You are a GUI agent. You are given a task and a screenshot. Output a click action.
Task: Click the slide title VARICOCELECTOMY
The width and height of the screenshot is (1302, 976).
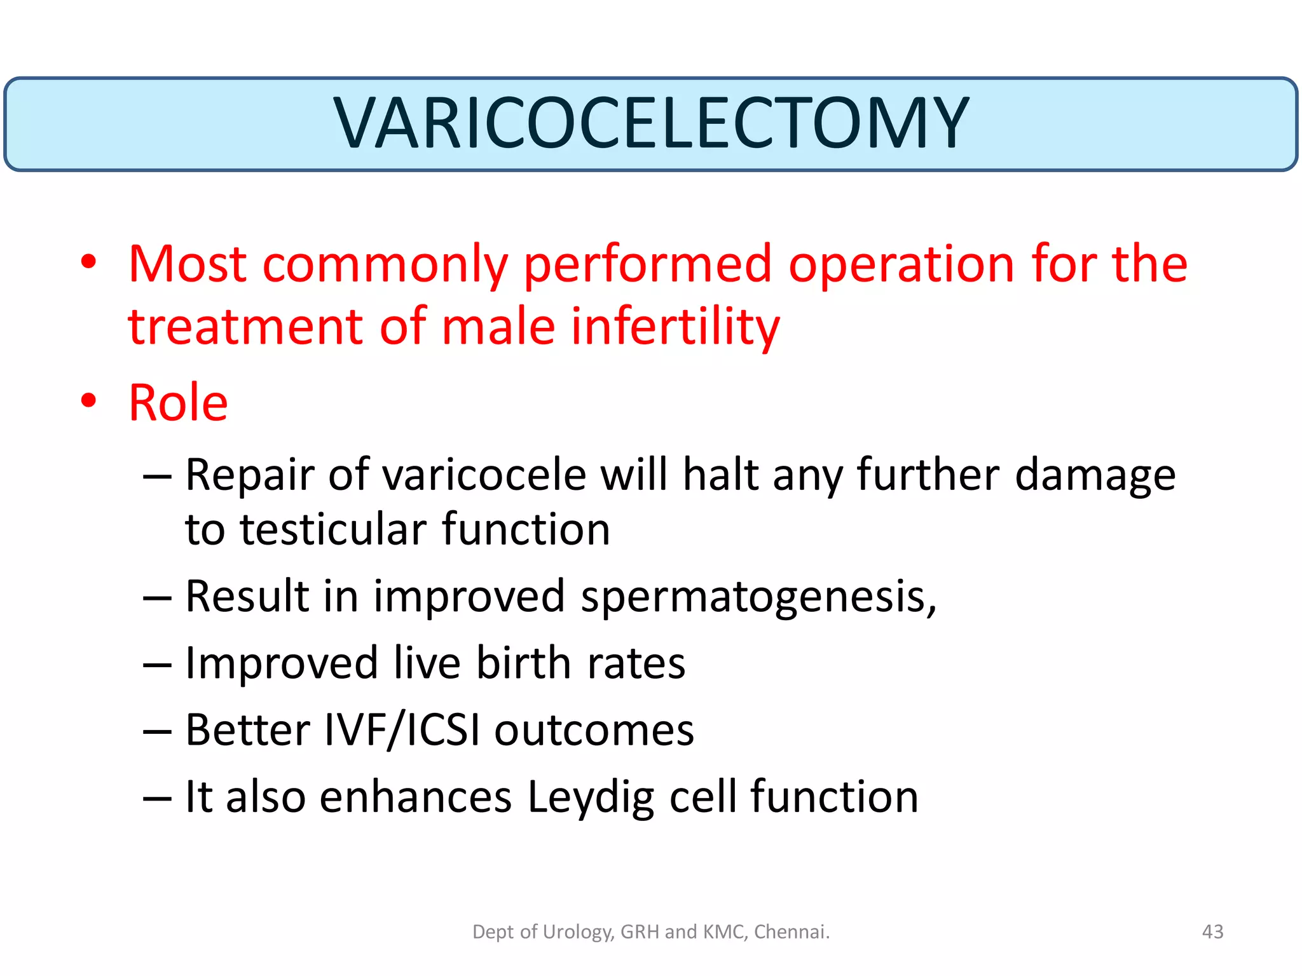coord(650,123)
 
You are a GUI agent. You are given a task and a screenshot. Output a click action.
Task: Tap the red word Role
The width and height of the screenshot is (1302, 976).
coord(178,403)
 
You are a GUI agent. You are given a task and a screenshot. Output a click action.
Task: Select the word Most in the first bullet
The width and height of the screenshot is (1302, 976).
coord(188,264)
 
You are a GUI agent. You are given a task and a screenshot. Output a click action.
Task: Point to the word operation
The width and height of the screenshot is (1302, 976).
coord(901,264)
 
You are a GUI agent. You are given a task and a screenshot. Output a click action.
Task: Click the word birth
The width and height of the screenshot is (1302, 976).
coord(524,663)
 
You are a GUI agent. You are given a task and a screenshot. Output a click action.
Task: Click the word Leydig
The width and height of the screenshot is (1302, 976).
coord(591,797)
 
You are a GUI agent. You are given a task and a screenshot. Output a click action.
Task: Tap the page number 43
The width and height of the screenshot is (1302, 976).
coord(1212,932)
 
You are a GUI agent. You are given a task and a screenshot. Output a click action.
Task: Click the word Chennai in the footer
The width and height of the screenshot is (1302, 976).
coord(790,932)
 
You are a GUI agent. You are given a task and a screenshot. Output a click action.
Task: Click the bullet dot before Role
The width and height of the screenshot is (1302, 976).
coord(88,401)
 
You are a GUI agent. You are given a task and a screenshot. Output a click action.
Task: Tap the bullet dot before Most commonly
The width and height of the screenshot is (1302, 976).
coord(88,261)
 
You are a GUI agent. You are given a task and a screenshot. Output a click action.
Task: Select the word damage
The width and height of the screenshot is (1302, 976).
coord(1095,475)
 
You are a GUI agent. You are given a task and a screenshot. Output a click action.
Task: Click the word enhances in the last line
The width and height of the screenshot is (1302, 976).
coord(415,797)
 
